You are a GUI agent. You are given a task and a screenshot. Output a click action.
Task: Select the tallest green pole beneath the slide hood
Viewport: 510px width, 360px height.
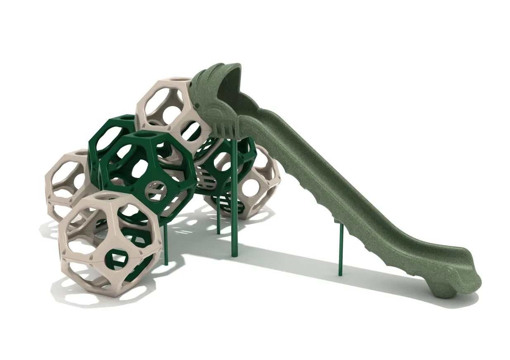[235, 198]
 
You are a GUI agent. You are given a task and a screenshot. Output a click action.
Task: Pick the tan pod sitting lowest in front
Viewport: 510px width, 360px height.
[109, 244]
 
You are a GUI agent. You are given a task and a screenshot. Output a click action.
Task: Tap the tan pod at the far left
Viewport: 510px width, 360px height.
[66, 182]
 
